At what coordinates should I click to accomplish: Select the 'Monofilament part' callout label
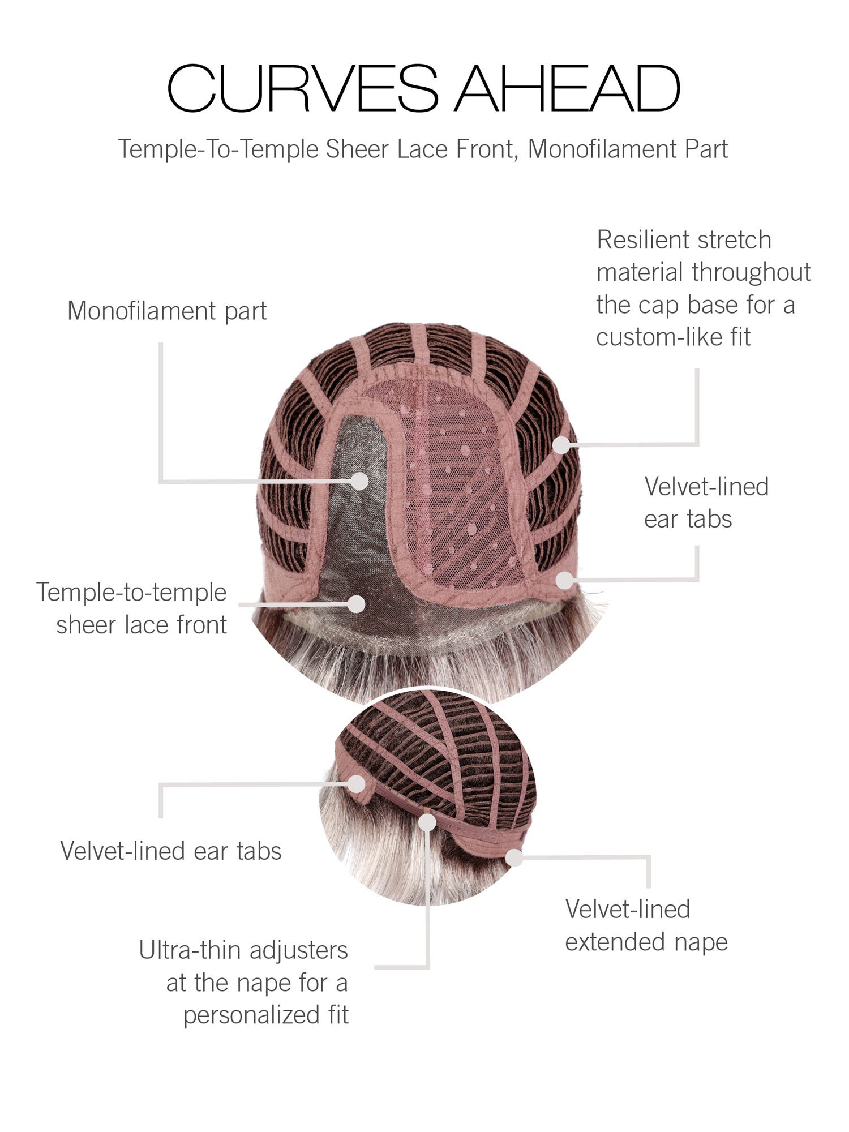(167, 311)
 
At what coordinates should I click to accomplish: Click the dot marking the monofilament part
(359, 481)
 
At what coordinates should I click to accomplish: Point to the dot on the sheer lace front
(357, 604)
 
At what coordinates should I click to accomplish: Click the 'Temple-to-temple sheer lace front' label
(132, 608)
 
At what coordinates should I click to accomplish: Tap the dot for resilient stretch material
(561, 445)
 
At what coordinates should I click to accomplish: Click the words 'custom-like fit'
(674, 337)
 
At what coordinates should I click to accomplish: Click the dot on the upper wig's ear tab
(564, 580)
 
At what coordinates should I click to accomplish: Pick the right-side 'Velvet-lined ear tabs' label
(706, 503)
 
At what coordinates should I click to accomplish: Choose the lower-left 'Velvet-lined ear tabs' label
(171, 851)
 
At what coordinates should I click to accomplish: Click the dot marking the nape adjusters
(427, 822)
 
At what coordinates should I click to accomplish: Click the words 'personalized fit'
(265, 1015)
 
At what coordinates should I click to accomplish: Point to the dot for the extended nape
(514, 857)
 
